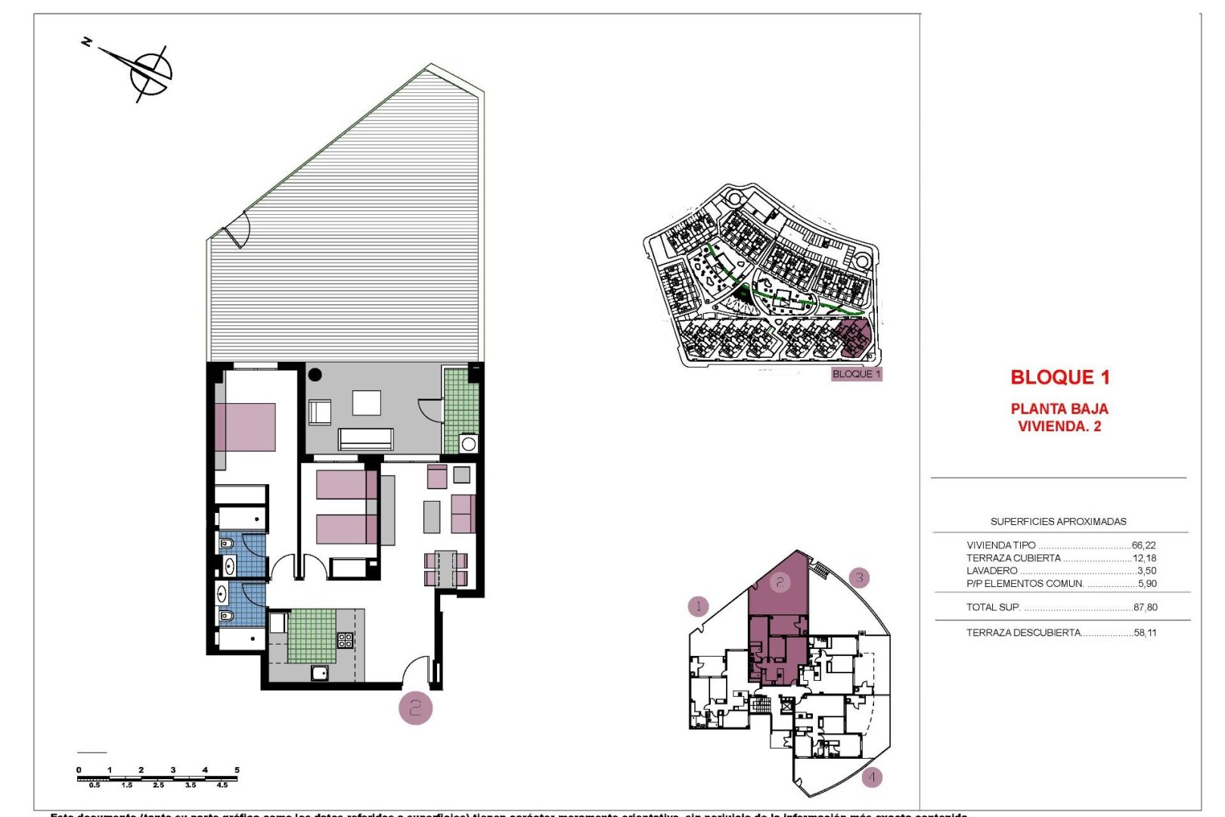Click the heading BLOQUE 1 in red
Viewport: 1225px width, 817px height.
click(1059, 377)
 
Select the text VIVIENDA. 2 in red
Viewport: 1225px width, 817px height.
click(1059, 427)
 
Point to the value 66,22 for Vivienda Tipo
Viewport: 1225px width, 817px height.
click(1143, 545)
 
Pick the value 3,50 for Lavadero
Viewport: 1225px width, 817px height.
click(1146, 570)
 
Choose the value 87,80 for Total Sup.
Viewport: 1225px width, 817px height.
click(1145, 607)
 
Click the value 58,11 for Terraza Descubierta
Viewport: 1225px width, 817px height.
click(1145, 632)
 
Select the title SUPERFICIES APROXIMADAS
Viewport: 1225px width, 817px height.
click(1058, 521)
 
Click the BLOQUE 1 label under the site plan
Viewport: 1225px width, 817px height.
click(856, 374)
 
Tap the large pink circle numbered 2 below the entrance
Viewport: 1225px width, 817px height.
click(415, 708)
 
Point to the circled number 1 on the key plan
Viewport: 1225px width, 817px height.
click(699, 606)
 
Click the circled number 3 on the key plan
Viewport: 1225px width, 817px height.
click(859, 579)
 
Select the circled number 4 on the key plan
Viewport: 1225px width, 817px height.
click(872, 777)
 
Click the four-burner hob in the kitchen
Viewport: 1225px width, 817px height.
click(345, 640)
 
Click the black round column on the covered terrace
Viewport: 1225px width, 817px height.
click(315, 374)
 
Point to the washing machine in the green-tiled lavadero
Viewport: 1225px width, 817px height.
click(468, 443)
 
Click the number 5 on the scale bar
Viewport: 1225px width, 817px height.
click(237, 770)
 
